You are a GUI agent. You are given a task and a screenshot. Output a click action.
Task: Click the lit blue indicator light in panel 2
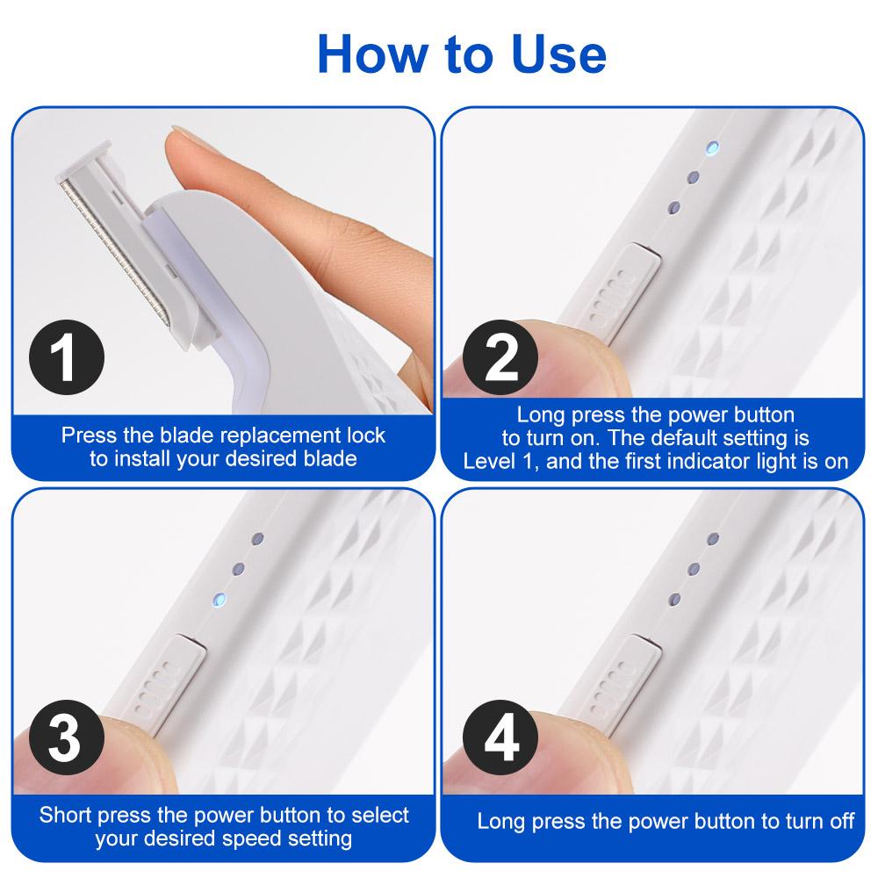pyautogui.click(x=711, y=147)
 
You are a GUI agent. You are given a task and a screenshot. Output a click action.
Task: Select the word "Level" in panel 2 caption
pyautogui.click(x=491, y=461)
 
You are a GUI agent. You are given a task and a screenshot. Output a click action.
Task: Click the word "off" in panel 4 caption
pyautogui.click(x=838, y=822)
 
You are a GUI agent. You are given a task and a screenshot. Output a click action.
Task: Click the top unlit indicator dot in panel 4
pyautogui.click(x=711, y=537)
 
